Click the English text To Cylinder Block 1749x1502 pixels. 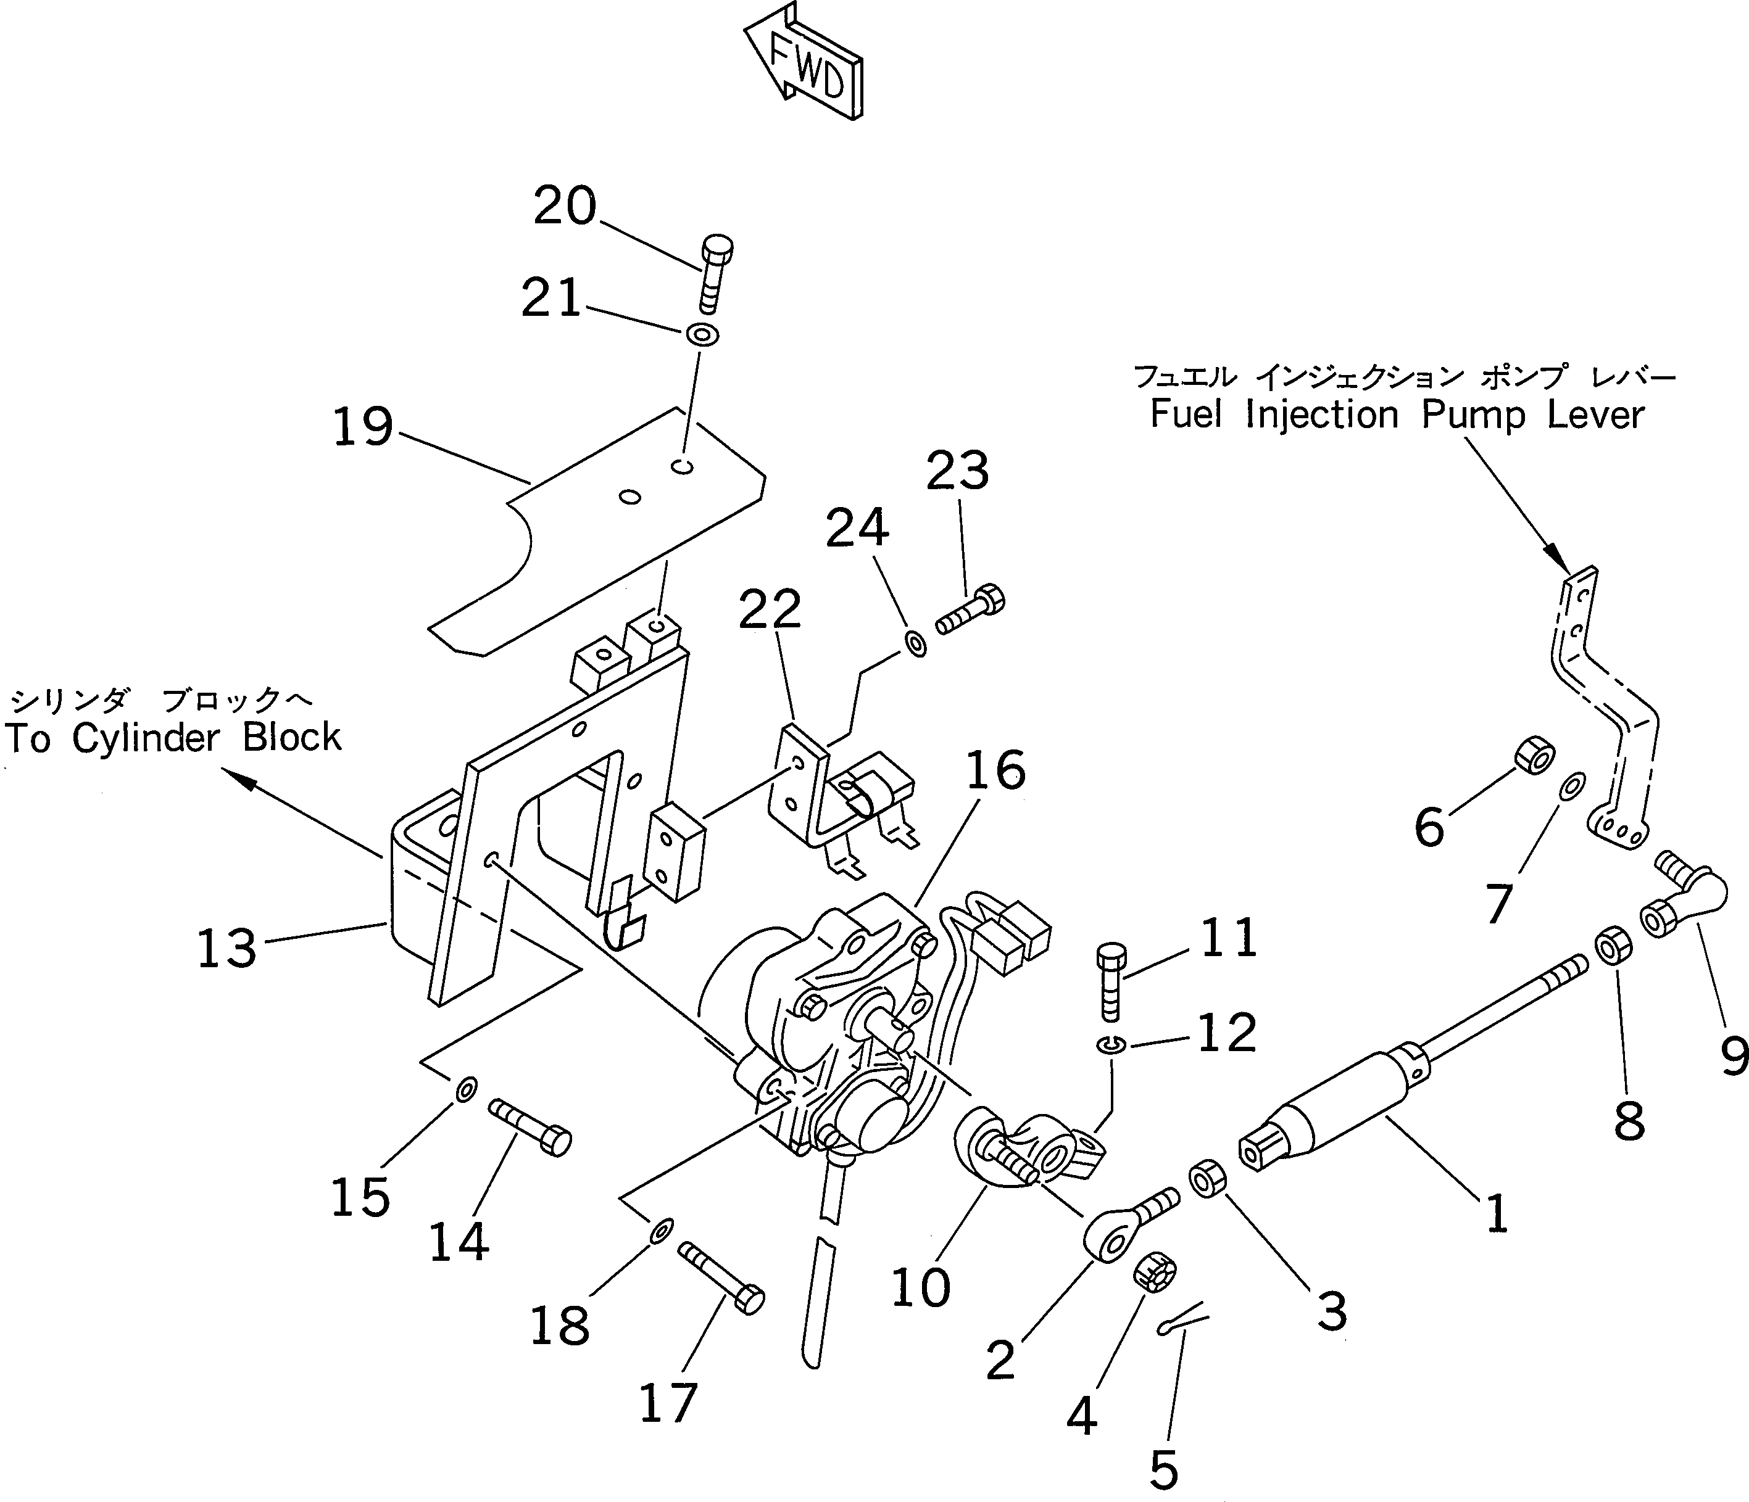(173, 738)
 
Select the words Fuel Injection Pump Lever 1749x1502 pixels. (1397, 415)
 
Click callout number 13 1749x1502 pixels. (226, 947)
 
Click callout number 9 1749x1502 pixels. (1733, 1055)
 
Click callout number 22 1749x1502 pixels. (769, 609)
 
